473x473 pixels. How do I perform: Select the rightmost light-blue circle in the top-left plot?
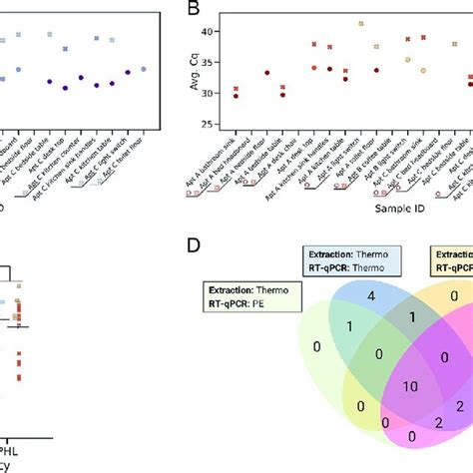(144, 69)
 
